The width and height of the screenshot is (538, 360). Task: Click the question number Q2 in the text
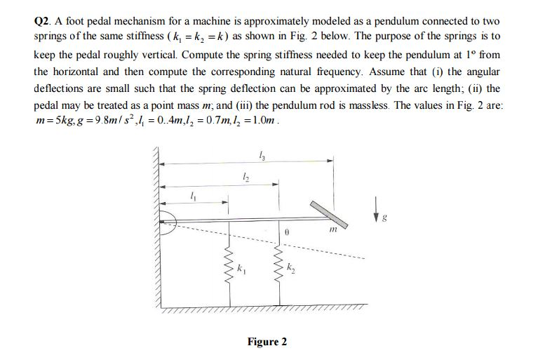point(43,20)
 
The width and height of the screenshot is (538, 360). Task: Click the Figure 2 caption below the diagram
point(267,342)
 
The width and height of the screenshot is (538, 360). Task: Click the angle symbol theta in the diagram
point(288,229)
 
